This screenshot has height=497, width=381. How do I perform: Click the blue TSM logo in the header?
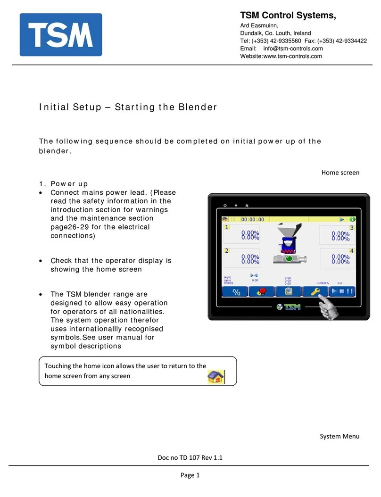60,34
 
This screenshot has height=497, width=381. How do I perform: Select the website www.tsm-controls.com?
292,56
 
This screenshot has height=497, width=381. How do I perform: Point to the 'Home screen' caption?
340,173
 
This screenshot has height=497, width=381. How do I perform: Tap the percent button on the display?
236,292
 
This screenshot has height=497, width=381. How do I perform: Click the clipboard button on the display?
289,292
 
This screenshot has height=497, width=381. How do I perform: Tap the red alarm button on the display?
263,292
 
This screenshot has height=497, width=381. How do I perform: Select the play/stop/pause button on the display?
342,292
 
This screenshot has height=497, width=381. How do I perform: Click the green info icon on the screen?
352,219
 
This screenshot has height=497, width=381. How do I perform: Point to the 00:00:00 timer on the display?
253,219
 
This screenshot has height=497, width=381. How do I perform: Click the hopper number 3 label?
352,228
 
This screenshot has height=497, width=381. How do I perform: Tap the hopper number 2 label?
227,250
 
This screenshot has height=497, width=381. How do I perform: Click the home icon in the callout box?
216,377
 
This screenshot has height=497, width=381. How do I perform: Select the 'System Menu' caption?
340,436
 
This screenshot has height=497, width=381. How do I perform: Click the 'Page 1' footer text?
190,475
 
